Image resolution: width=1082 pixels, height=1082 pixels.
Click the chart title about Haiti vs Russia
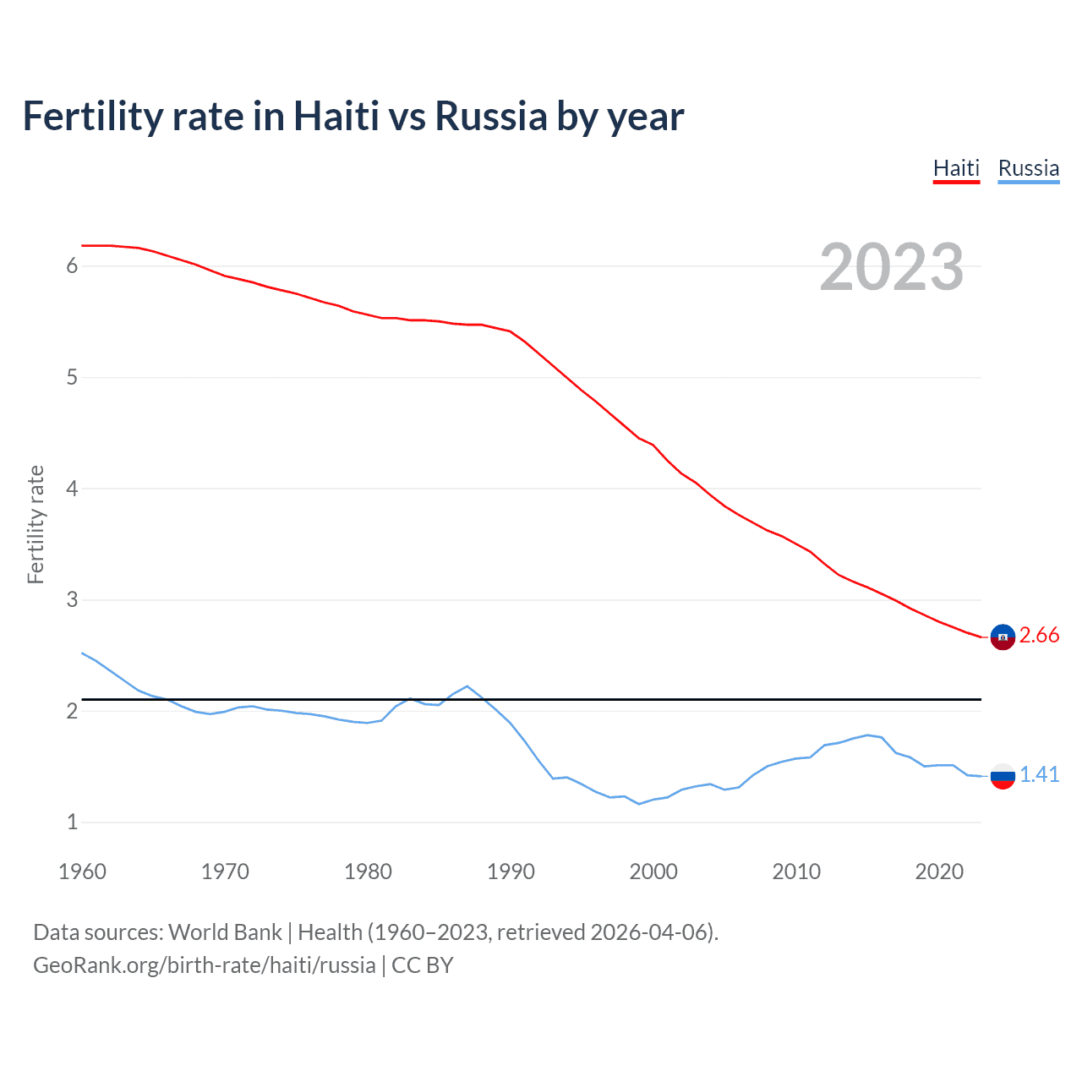point(352,116)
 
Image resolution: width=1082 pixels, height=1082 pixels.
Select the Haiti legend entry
point(956,168)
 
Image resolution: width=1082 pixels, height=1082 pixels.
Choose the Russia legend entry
point(1028,168)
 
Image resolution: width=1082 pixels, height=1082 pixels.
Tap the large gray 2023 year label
point(891,267)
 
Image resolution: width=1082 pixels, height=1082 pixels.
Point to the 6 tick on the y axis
point(72,266)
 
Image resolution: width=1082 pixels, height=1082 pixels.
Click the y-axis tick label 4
point(72,489)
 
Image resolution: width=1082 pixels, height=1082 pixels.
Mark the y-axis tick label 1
point(72,822)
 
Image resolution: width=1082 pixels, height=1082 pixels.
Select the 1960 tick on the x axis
point(82,872)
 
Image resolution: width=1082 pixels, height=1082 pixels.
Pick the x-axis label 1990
point(511,872)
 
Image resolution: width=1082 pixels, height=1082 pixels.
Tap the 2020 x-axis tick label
point(939,872)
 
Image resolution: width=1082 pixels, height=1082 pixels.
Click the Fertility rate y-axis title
point(36,524)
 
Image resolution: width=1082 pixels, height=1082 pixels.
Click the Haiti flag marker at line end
point(1003,637)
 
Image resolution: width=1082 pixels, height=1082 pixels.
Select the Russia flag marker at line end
point(1003,775)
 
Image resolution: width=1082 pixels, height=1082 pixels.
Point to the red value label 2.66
point(1039,636)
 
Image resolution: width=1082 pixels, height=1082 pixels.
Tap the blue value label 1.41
point(1039,774)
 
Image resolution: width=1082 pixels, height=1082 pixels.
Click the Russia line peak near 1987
point(467,686)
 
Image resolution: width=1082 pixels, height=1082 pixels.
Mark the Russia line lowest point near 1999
point(639,804)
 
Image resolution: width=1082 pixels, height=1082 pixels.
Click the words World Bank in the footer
point(225,932)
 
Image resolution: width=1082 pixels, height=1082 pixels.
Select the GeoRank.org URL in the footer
point(204,965)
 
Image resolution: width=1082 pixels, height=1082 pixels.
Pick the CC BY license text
point(423,965)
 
